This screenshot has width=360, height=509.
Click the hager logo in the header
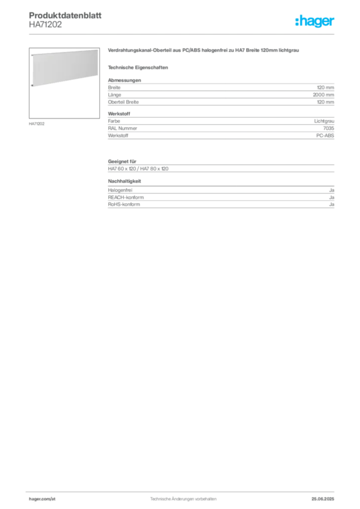[315, 21]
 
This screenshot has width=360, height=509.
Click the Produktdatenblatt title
[65, 15]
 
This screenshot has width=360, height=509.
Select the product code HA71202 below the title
[45, 25]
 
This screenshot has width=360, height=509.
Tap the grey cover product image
[65, 68]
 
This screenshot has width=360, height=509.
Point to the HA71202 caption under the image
[37, 124]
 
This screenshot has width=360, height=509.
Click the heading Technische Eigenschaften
[138, 68]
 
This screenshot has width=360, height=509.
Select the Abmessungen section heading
[124, 80]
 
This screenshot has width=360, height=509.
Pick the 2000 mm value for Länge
[323, 95]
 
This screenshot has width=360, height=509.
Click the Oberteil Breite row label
[123, 102]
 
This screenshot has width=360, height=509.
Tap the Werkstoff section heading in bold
[119, 114]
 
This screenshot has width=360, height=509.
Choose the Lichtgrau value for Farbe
[324, 121]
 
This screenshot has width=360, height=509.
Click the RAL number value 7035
[329, 128]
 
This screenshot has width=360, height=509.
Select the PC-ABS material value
[325, 136]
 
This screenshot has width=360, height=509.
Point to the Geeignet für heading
[122, 162]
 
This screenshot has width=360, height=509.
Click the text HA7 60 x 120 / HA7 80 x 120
[138, 169]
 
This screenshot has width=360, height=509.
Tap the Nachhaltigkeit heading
[125, 181]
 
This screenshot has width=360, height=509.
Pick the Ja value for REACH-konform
[332, 197]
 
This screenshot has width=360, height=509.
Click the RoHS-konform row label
[124, 204]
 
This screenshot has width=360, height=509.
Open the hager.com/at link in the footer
[42, 499]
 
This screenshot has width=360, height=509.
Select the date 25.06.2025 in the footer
[323, 499]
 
